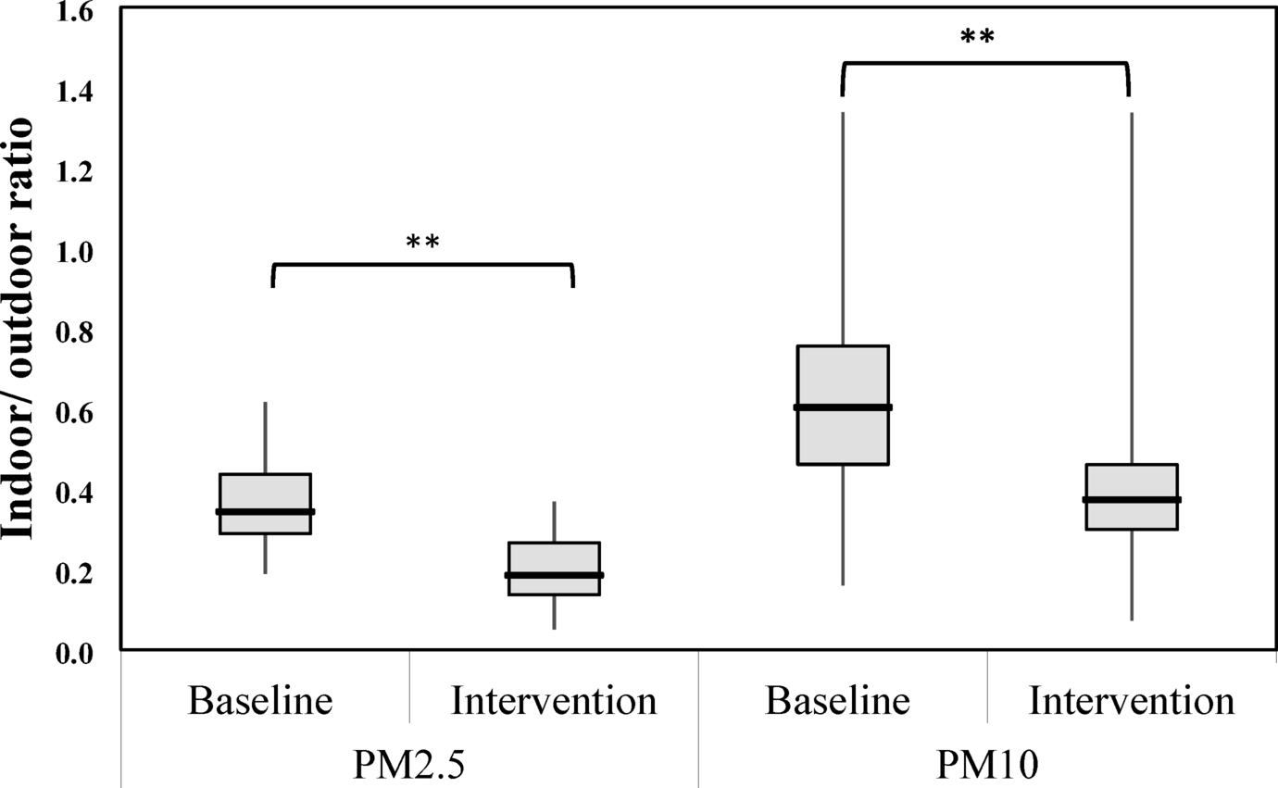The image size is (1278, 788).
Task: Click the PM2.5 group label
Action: point(407,766)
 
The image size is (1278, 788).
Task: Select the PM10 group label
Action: point(987,766)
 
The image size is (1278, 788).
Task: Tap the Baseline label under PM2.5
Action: point(260,701)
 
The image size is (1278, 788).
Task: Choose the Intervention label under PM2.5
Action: point(554,701)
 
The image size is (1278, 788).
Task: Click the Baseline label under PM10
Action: point(838,701)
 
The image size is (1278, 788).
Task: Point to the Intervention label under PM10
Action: point(1132,701)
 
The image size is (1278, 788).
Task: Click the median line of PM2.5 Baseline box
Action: point(265,511)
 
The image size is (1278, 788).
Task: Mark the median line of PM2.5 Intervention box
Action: point(554,575)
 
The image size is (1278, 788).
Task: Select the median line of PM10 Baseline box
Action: point(843,407)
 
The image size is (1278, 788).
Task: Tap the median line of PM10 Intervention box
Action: point(1132,499)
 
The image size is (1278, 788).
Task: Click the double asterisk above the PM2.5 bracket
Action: point(422,243)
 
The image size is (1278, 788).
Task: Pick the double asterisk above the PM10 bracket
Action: point(977,38)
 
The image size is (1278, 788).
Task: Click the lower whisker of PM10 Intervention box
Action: point(1132,574)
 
